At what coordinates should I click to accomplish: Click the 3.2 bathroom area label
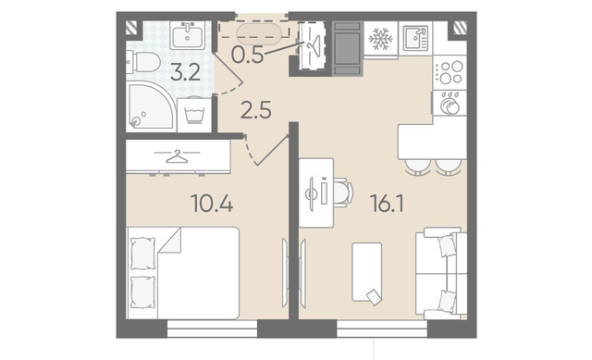[185, 73]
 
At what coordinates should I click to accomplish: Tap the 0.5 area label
[247, 56]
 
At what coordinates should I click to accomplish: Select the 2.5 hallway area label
[256, 111]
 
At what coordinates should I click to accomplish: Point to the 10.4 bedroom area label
[212, 203]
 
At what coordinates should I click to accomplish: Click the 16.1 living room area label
[388, 204]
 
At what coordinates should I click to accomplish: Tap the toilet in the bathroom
[143, 62]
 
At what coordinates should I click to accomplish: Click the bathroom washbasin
[187, 35]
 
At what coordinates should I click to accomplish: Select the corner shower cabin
[150, 105]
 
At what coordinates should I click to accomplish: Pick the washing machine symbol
[194, 115]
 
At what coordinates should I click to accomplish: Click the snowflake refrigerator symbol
[380, 39]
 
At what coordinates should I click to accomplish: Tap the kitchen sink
[415, 38]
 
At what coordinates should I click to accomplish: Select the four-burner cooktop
[450, 72]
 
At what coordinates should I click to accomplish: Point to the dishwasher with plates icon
[450, 103]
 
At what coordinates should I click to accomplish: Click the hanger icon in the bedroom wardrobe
[177, 155]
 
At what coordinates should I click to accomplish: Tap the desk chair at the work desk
[343, 192]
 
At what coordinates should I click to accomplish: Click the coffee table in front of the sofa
[367, 272]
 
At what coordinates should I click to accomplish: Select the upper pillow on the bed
[142, 253]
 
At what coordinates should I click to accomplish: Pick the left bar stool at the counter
[416, 167]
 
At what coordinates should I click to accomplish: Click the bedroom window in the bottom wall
[212, 329]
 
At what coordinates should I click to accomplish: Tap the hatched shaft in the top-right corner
[460, 28]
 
